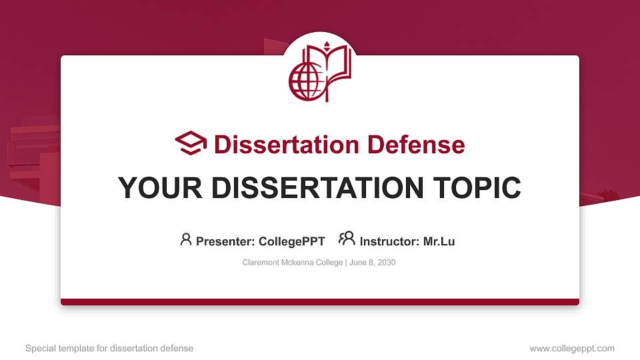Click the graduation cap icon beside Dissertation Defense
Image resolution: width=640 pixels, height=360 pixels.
pos(191,143)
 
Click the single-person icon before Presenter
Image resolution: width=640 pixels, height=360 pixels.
pos(186,239)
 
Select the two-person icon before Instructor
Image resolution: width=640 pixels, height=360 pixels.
pos(347,239)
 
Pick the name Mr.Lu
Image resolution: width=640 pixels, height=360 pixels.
pos(439,241)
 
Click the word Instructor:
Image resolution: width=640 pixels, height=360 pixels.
pos(389,241)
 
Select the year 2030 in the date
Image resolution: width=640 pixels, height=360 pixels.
pos(386,263)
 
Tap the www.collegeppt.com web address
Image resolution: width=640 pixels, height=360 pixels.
pos(572,349)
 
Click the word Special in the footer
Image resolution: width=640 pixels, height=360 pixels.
pos(40,349)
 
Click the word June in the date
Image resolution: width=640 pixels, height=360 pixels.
pos(358,263)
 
